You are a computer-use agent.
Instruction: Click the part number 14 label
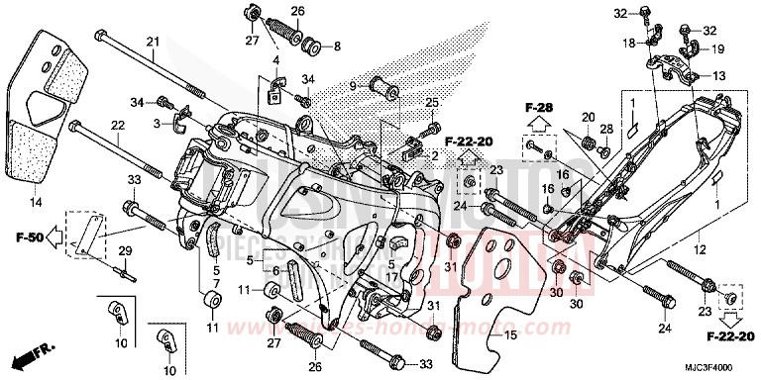(x=36, y=203)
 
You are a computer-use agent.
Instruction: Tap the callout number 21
(x=152, y=41)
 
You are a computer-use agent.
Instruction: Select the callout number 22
(x=117, y=125)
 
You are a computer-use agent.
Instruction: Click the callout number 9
(x=352, y=86)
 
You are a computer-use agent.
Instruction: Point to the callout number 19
(x=718, y=49)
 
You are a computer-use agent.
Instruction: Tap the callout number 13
(x=718, y=75)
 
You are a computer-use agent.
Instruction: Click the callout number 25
(x=432, y=104)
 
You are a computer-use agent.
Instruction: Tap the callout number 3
(x=158, y=123)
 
